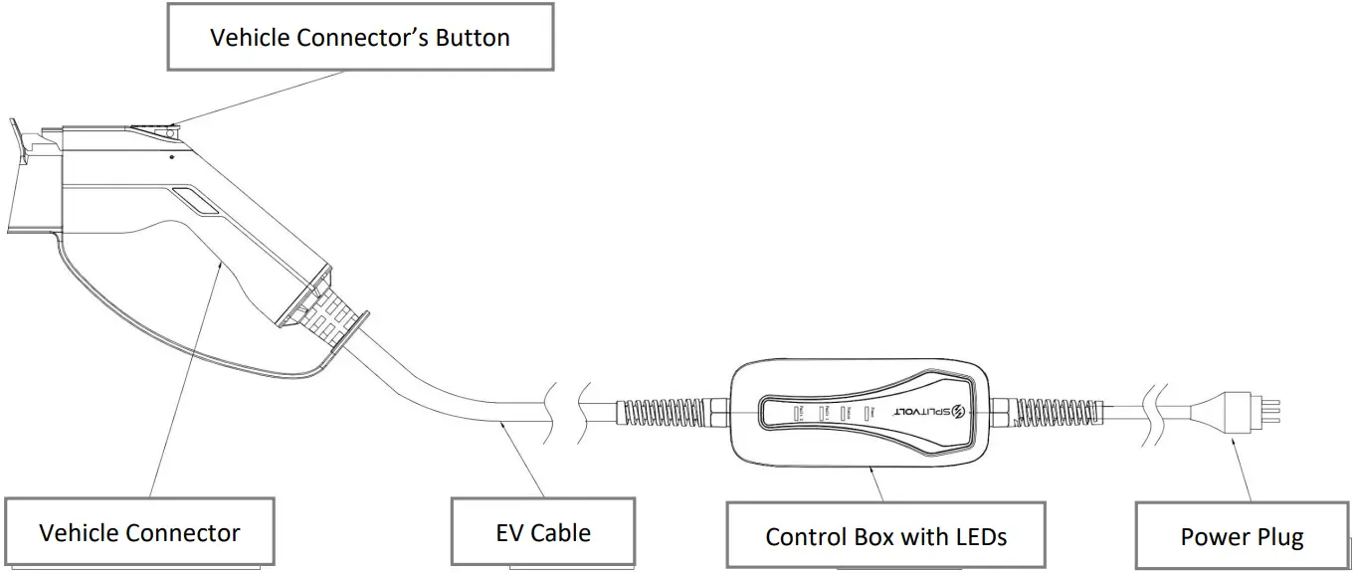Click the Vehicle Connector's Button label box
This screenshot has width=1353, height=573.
pos(360,39)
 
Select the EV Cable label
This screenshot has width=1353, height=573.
pos(543,533)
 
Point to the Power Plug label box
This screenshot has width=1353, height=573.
pos(1242,537)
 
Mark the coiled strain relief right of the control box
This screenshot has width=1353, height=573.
pos(1030,410)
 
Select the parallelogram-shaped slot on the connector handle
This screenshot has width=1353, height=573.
pos(198,199)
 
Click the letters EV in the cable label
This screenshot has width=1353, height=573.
pos(509,533)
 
